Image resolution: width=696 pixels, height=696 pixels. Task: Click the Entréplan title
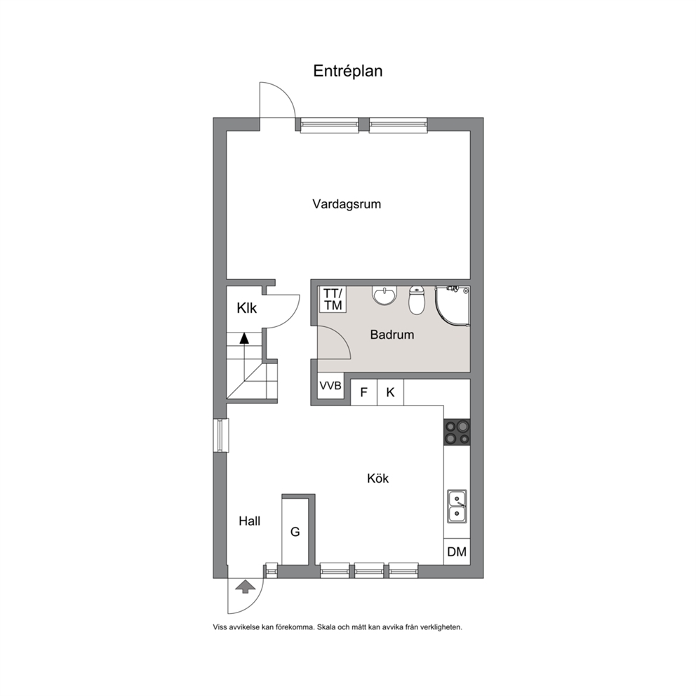[347, 71]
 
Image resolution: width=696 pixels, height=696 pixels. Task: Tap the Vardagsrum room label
[347, 204]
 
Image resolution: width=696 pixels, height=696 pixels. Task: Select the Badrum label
[392, 334]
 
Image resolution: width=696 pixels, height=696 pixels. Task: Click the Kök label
[377, 478]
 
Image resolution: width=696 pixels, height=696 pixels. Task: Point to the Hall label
[250, 521]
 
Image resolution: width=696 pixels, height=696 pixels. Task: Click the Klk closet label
[246, 308]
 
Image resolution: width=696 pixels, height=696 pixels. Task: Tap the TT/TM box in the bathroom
[333, 299]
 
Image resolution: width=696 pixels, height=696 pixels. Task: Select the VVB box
[330, 385]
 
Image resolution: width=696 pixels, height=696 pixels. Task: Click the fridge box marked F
[364, 392]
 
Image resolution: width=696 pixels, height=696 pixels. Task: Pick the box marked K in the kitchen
[391, 392]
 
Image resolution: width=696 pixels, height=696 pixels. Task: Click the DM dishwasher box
[457, 551]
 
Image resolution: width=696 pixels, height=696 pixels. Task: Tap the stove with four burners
[457, 432]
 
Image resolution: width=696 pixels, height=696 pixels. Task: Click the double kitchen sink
[457, 507]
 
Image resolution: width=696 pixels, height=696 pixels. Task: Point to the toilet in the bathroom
[416, 300]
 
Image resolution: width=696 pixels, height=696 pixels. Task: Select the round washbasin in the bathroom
[384, 296]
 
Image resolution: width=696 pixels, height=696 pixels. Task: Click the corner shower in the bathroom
[453, 307]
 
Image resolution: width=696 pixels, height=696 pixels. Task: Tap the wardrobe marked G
[295, 531]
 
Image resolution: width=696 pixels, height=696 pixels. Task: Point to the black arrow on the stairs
[243, 338]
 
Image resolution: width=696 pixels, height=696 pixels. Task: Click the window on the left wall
[220, 436]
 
